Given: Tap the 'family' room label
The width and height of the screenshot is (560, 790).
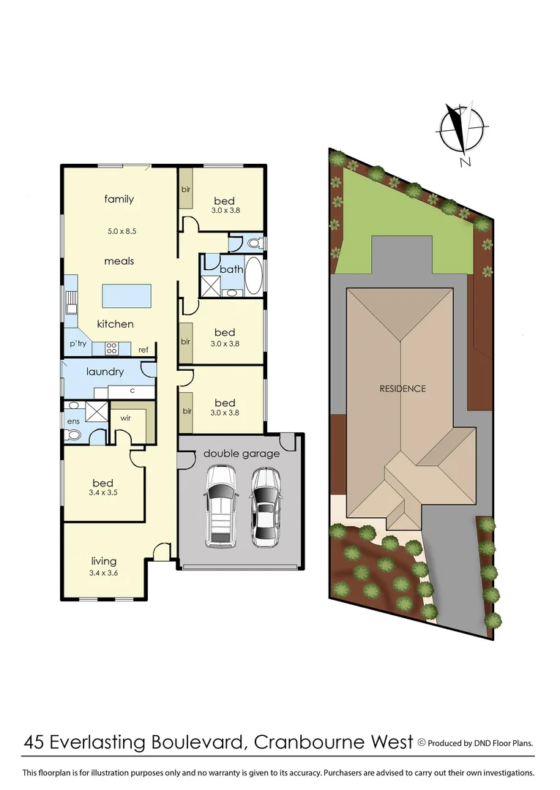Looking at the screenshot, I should point(119,199).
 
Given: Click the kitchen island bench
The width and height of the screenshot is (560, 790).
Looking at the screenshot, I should point(127,297).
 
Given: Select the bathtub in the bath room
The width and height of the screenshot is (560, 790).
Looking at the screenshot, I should point(253,276).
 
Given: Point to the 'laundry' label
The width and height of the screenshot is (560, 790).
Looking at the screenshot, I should point(105,372).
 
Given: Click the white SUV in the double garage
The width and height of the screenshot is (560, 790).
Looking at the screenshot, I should point(220,505).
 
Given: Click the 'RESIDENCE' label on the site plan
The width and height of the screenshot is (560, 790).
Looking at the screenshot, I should point(402,388).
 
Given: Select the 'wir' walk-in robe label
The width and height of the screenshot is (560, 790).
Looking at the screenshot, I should point(124,419).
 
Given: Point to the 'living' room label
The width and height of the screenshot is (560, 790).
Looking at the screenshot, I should point(103,561).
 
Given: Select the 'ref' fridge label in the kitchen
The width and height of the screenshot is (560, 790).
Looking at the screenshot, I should point(143,350).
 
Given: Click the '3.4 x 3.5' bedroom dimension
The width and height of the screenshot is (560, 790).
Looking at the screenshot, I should point(102,493).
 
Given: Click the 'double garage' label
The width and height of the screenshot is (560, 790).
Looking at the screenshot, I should point(242,454).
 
